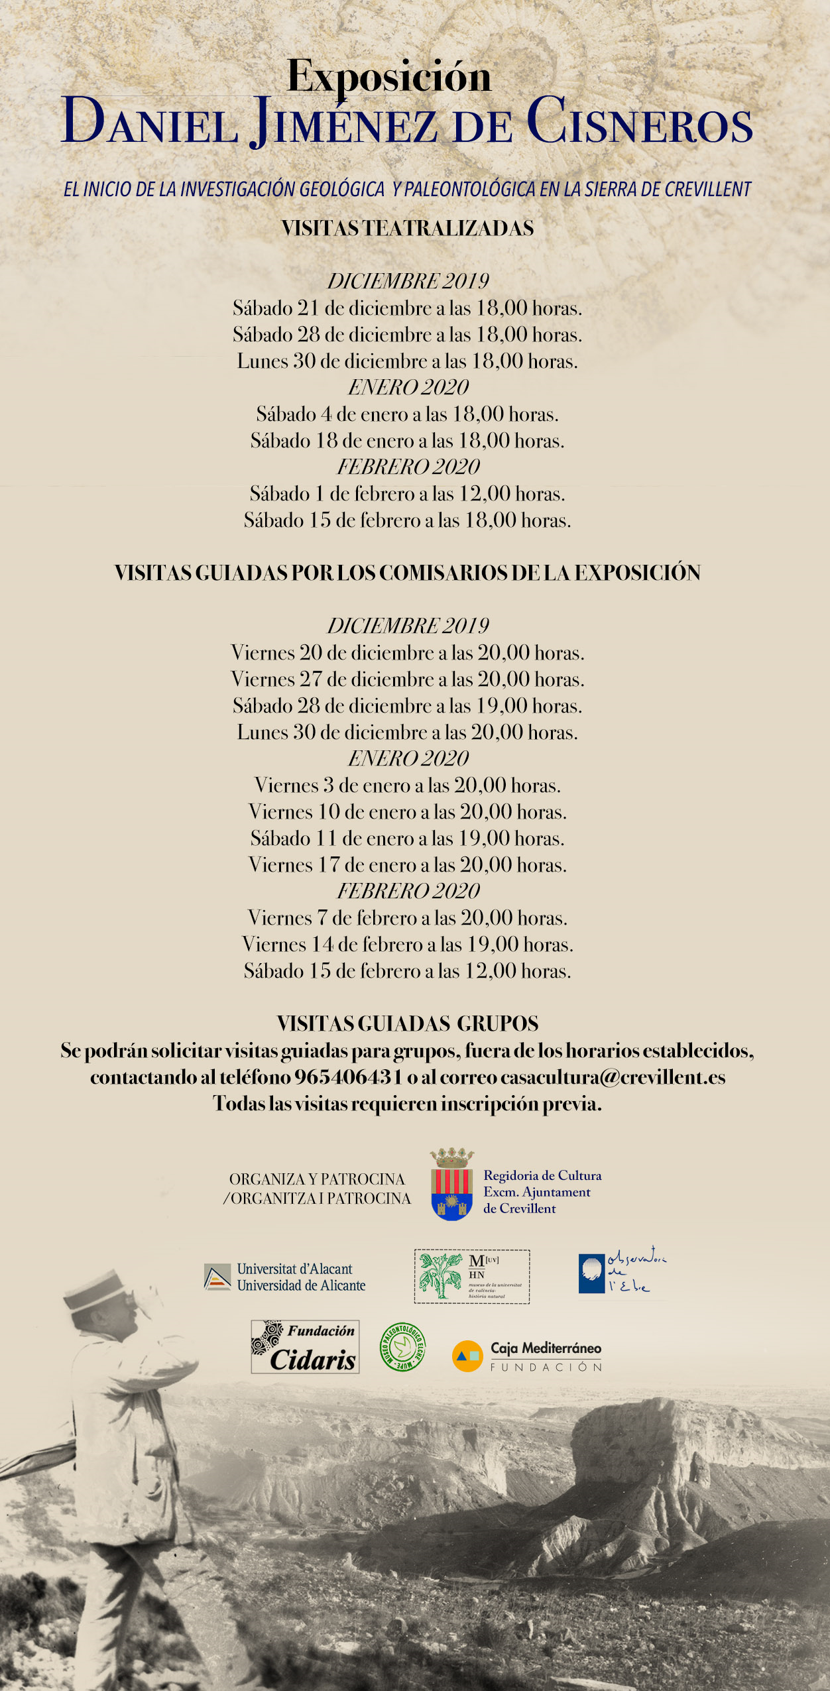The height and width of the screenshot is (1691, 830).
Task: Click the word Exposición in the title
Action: coord(389,77)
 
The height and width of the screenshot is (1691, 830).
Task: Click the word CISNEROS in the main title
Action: coord(640,123)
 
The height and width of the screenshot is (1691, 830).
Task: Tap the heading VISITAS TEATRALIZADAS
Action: coord(408,229)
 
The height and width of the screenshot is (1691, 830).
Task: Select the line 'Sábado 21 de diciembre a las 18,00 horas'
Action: coord(407,308)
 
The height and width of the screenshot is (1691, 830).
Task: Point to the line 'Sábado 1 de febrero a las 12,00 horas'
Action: coord(407,494)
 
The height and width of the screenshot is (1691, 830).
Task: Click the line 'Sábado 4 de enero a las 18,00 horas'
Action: coord(407,414)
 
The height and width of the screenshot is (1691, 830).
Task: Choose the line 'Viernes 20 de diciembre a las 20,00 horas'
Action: coord(407,653)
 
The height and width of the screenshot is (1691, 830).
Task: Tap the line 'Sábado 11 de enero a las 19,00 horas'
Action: coord(407,839)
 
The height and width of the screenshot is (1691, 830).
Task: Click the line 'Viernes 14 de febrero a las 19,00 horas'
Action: coord(407,945)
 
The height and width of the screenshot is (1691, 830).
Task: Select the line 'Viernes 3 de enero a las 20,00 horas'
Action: coord(407,786)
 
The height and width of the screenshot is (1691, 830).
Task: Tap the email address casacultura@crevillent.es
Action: coord(613,1077)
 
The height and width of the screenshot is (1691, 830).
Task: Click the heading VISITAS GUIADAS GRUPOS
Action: coord(408,1024)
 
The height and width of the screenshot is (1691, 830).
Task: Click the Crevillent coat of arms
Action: coord(451,1186)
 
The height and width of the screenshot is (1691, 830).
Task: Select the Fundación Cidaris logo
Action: coord(305,1346)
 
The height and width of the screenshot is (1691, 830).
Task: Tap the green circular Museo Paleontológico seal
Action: coord(402,1347)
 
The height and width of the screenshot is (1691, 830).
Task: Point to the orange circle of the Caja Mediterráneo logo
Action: coord(467,1356)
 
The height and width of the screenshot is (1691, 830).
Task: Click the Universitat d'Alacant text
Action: coord(295,1269)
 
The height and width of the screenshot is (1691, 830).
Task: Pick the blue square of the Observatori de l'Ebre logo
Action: coord(591,1273)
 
